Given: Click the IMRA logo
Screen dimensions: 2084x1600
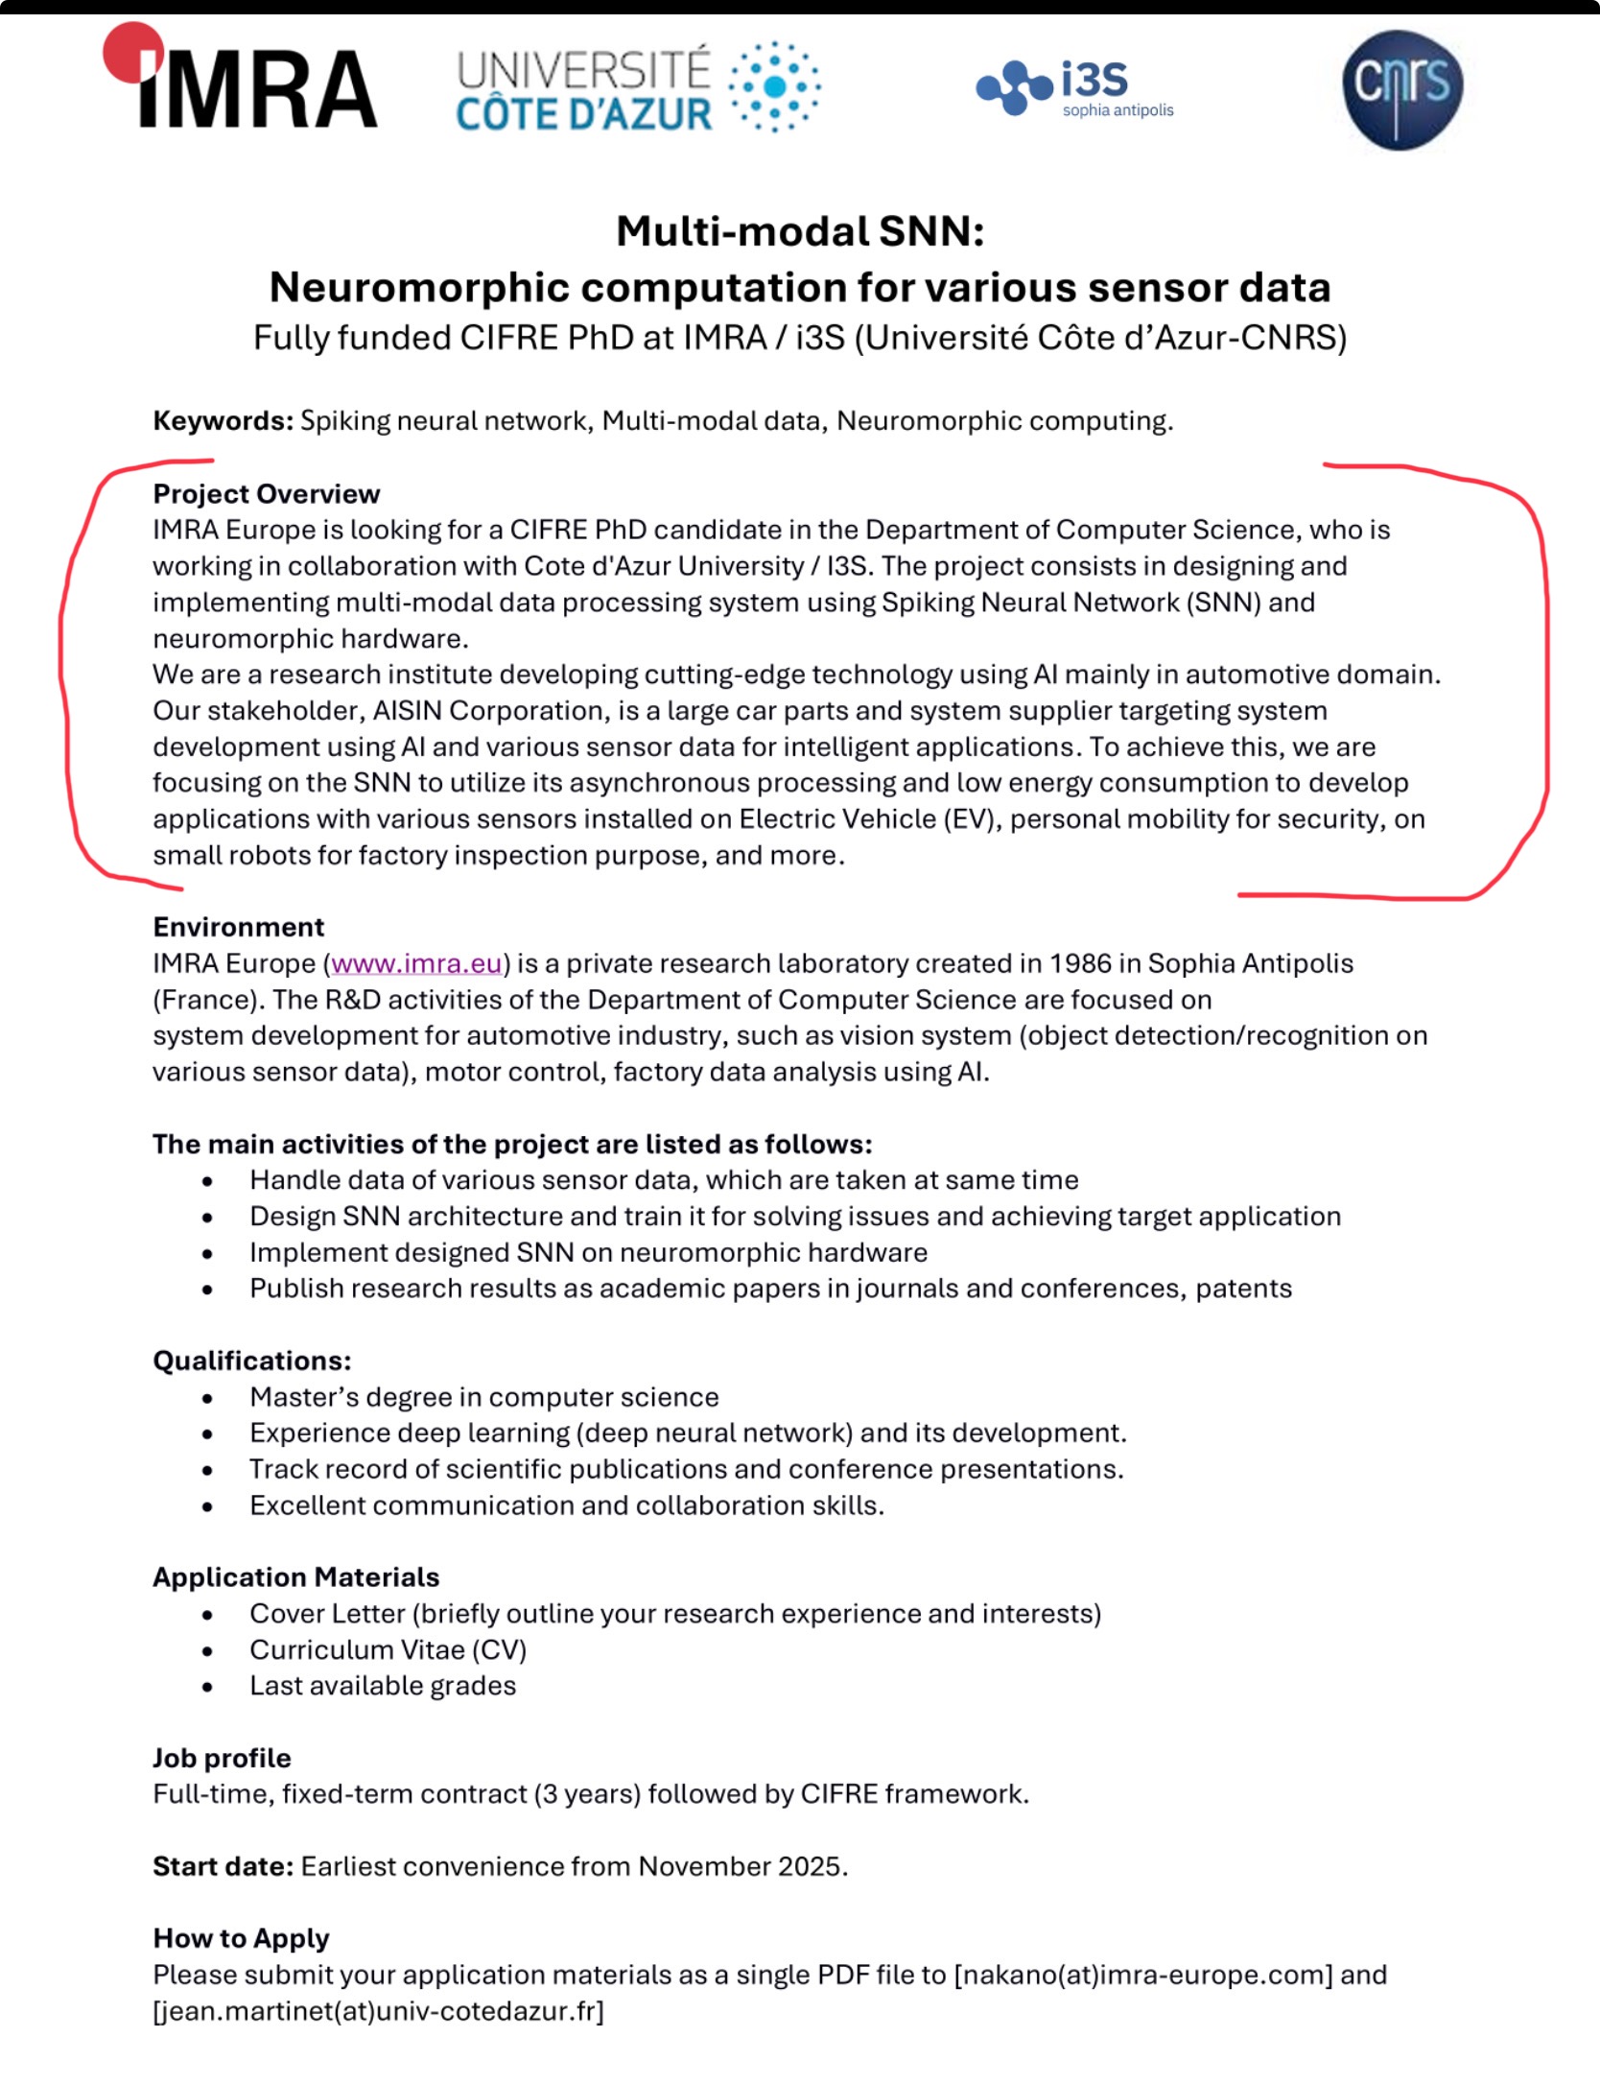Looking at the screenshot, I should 242,79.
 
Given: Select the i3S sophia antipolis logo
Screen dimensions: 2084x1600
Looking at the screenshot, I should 1075,89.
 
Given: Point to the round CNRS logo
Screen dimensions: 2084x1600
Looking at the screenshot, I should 1401,89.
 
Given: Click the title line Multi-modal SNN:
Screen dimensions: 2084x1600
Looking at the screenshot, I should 800,231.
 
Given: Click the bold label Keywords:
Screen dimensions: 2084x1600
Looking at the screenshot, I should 223,421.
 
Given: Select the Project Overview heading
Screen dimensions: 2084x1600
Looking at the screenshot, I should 266,494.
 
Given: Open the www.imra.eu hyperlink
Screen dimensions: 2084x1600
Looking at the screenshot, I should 416,963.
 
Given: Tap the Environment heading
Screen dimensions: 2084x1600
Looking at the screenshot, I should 238,927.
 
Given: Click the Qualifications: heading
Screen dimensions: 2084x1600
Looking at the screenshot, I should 251,1361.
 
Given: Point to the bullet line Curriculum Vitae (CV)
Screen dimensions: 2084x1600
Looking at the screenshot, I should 388,1649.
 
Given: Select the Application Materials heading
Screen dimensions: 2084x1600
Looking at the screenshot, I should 295,1577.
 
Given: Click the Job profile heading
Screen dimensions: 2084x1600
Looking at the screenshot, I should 222,1758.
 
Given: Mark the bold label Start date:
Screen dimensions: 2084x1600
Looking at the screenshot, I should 223,1866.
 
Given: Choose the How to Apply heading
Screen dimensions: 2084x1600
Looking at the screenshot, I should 241,1938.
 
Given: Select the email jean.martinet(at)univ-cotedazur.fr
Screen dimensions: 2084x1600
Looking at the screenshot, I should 378,2011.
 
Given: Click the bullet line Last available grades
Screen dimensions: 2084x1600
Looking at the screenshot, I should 382,1686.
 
